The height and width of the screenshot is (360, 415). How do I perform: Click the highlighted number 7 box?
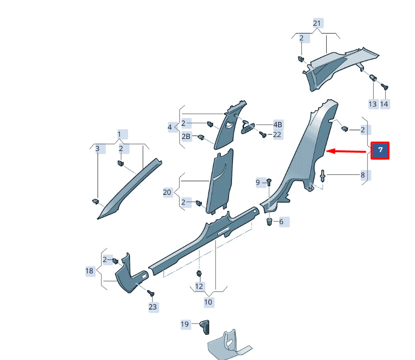click(x=380, y=150)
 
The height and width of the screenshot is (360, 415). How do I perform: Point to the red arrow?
click(x=346, y=151)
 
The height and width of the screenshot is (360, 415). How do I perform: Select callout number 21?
click(x=317, y=23)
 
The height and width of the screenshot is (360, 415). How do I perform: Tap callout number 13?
click(x=372, y=104)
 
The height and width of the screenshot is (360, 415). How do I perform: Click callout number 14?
click(x=384, y=104)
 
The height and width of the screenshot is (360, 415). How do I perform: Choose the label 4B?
click(x=278, y=124)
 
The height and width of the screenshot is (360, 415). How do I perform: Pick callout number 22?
click(x=277, y=135)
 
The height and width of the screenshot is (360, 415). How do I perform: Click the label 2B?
click(x=186, y=136)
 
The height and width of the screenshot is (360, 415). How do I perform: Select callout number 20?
click(x=167, y=192)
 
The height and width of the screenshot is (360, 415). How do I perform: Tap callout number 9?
click(x=258, y=182)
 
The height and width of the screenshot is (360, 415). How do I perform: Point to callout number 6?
click(x=281, y=222)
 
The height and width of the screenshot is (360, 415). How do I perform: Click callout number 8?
click(x=363, y=175)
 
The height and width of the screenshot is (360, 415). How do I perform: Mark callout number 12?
click(x=199, y=286)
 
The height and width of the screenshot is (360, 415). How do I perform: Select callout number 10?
click(x=208, y=302)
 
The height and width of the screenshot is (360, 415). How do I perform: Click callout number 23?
click(x=153, y=307)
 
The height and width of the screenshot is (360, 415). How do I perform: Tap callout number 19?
click(x=185, y=324)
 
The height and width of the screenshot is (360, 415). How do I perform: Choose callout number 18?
click(x=89, y=271)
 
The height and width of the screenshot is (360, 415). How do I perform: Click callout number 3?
click(x=98, y=149)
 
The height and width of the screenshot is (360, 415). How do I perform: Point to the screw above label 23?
click(x=151, y=293)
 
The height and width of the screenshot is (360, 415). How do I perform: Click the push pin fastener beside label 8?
click(x=322, y=176)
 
